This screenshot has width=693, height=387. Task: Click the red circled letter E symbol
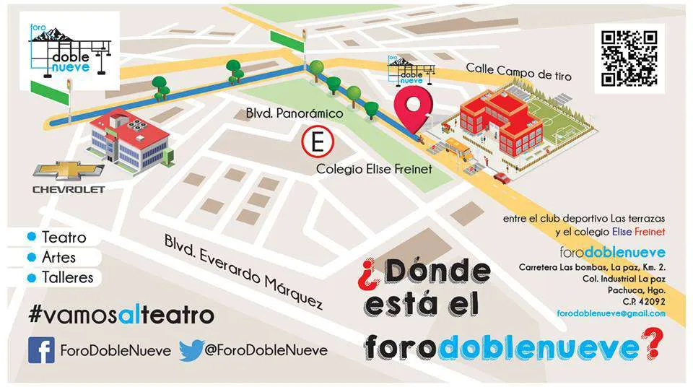point(316,142)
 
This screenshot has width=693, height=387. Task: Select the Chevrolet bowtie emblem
point(69,171)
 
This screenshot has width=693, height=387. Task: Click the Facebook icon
point(41,350)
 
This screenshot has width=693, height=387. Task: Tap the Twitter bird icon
point(191,350)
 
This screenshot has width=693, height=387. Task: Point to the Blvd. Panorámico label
point(295,113)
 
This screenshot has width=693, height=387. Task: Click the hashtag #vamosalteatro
point(121,316)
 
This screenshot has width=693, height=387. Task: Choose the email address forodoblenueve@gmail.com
point(611,313)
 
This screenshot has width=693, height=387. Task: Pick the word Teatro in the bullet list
point(64,238)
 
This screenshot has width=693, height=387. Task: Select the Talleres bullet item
point(67,277)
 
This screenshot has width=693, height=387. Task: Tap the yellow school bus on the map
point(459,149)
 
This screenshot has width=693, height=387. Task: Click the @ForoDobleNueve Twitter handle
point(264,350)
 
